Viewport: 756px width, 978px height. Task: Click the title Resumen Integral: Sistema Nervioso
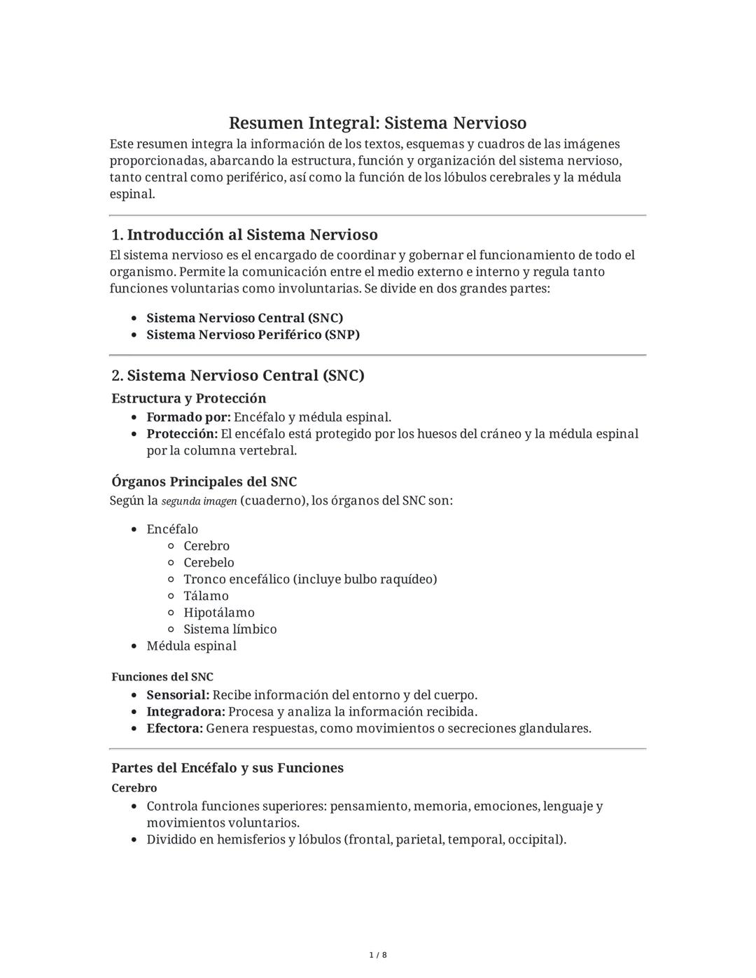[377, 123]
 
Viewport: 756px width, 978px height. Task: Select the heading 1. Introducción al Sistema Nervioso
[244, 235]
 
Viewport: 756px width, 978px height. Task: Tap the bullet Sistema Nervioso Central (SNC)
[244, 318]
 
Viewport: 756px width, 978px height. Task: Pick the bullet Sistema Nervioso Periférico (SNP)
[253, 335]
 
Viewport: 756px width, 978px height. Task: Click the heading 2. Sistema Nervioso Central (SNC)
[238, 375]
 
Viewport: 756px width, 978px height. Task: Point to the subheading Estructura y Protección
[189, 398]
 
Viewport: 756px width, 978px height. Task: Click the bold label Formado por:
[188, 417]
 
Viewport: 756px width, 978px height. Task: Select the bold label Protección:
[182, 434]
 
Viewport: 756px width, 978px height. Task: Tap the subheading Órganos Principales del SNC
[204, 482]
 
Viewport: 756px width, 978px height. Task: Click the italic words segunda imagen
[199, 501]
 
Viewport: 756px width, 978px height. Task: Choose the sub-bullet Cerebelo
[209, 563]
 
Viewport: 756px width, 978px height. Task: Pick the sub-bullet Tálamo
[206, 596]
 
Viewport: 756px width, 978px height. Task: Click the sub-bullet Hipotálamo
[219, 613]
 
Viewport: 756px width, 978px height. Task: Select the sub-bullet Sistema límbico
[230, 629]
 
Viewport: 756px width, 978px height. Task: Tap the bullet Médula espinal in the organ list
[191, 646]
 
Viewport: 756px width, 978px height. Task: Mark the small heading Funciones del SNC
[162, 677]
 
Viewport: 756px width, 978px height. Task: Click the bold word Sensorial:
[178, 695]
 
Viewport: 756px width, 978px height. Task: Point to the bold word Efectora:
[174, 729]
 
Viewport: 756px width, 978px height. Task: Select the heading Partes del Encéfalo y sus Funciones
[227, 768]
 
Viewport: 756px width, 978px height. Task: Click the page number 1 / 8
[378, 955]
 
